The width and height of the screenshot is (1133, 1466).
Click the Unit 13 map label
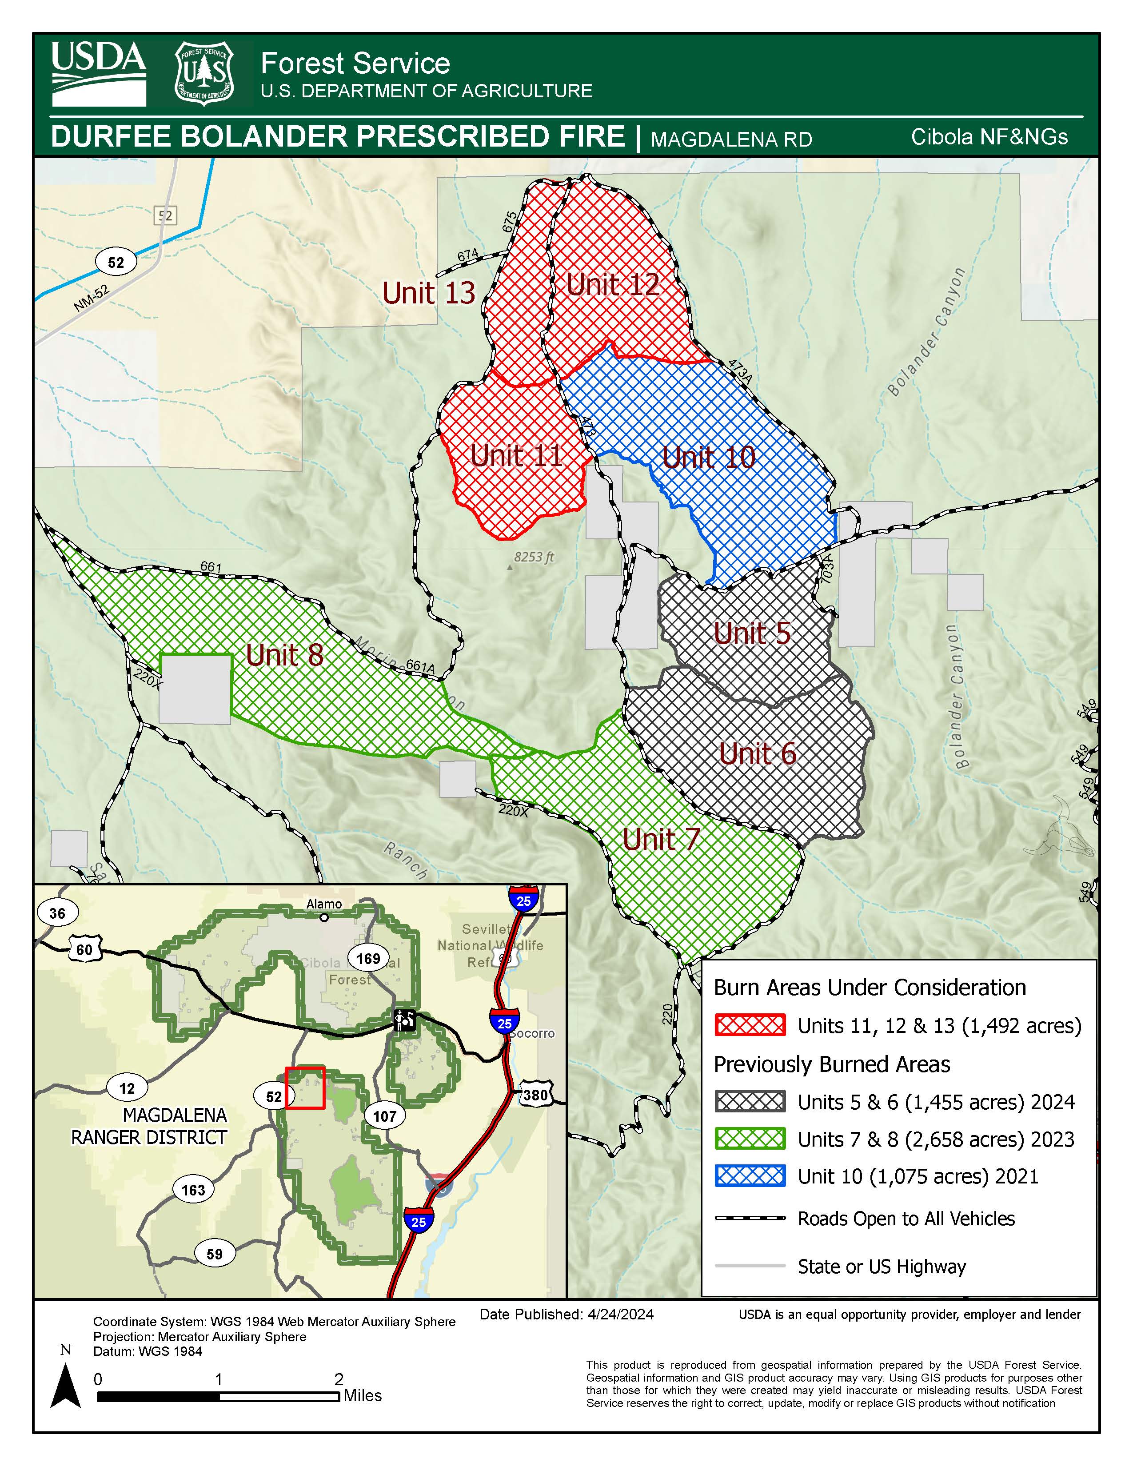click(428, 293)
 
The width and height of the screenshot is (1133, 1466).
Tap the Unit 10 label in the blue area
click(709, 457)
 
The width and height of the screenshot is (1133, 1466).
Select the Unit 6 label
click(758, 753)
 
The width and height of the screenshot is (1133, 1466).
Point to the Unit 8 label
click(285, 654)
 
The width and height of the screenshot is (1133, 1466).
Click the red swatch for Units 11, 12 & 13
click(750, 1025)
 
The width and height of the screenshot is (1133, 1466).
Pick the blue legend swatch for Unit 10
click(750, 1176)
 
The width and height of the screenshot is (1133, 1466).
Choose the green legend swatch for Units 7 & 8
click(750, 1139)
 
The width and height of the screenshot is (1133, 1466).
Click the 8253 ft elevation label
click(534, 557)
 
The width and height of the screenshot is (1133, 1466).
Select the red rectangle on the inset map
click(305, 1088)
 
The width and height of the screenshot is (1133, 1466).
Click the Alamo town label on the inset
click(324, 904)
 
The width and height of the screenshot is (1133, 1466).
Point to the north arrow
click(66, 1384)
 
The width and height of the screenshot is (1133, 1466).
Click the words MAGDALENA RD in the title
click(731, 139)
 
